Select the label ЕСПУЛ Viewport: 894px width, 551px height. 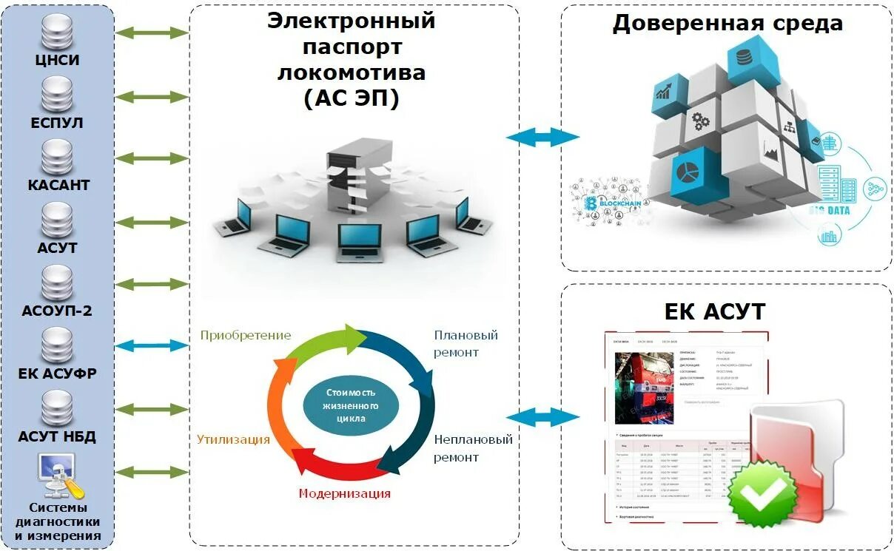pyautogui.click(x=58, y=122)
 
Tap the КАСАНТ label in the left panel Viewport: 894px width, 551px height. pyautogui.click(x=58, y=185)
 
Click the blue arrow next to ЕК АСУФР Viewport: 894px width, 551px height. pyautogui.click(x=153, y=345)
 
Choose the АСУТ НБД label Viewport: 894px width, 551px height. pyautogui.click(x=58, y=436)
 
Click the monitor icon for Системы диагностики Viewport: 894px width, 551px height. pyautogui.click(x=58, y=475)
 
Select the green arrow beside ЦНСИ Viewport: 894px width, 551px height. pyautogui.click(x=153, y=33)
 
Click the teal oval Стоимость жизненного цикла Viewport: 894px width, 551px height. pyautogui.click(x=351, y=405)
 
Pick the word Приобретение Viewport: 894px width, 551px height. pyautogui.click(x=246, y=335)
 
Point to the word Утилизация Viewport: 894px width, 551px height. pyautogui.click(x=233, y=439)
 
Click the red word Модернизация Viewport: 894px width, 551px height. pyautogui.click(x=344, y=493)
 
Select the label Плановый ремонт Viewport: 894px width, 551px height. pyautogui.click(x=466, y=344)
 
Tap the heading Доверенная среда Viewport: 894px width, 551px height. pyautogui.click(x=727, y=23)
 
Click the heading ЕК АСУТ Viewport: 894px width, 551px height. pyautogui.click(x=715, y=311)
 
